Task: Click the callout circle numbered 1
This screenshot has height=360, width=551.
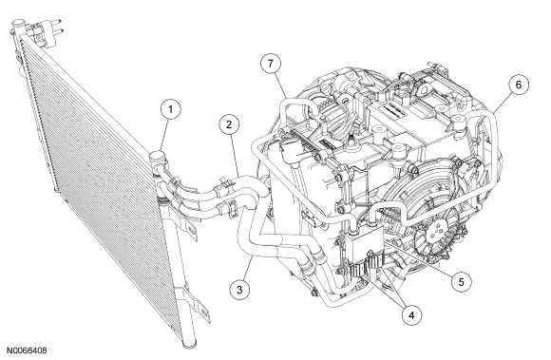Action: pyautogui.click(x=171, y=109)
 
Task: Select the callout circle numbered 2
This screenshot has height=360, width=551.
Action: pyautogui.click(x=229, y=124)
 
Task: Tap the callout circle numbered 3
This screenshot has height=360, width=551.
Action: pyautogui.click(x=240, y=290)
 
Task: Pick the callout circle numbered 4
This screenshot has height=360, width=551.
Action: pyautogui.click(x=412, y=315)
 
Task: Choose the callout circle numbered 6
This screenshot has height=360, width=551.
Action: pyautogui.click(x=519, y=85)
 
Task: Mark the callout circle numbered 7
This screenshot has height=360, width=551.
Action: pyautogui.click(x=271, y=64)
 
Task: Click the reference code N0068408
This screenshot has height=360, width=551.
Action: pyautogui.click(x=27, y=351)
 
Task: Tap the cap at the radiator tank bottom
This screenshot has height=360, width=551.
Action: pyautogui.click(x=190, y=343)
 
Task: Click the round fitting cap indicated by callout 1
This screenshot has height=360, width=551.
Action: pyautogui.click(x=157, y=157)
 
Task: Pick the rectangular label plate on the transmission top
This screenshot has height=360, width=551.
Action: pyautogui.click(x=394, y=109)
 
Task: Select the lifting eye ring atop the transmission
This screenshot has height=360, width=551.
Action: pyautogui.click(x=424, y=85)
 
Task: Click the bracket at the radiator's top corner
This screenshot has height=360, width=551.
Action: pyautogui.click(x=45, y=31)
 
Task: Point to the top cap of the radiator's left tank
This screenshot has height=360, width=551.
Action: pyautogui.click(x=18, y=26)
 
